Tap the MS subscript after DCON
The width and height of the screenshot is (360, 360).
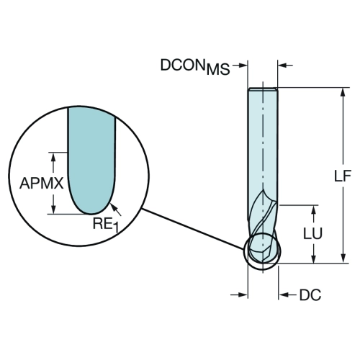coord(218,69)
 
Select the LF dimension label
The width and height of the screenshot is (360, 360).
coord(343,176)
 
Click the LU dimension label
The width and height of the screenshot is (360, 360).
coord(312,233)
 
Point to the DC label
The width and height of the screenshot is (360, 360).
coord(310,295)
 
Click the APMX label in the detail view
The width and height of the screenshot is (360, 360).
coord(42,184)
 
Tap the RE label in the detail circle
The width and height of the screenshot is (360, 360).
coord(102,224)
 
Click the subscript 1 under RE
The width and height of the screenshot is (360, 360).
coord(116,228)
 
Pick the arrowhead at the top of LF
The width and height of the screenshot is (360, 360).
coord(343,92)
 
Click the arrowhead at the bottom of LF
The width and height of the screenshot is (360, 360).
coord(343,258)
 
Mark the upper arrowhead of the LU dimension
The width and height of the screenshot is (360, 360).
coord(313,210)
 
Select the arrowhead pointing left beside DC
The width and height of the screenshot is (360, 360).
coord(283,294)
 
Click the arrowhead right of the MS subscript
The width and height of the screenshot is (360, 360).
coord(243,65)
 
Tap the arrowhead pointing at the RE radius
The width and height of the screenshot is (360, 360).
coord(113,207)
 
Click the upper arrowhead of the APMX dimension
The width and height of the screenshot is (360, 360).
coord(53,157)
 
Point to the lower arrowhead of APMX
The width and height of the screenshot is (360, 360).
coord(53,209)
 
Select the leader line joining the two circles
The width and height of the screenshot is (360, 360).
coord(193,229)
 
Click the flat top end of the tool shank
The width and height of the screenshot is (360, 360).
coord(263,89)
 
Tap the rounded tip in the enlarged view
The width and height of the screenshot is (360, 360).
coord(91,213)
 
